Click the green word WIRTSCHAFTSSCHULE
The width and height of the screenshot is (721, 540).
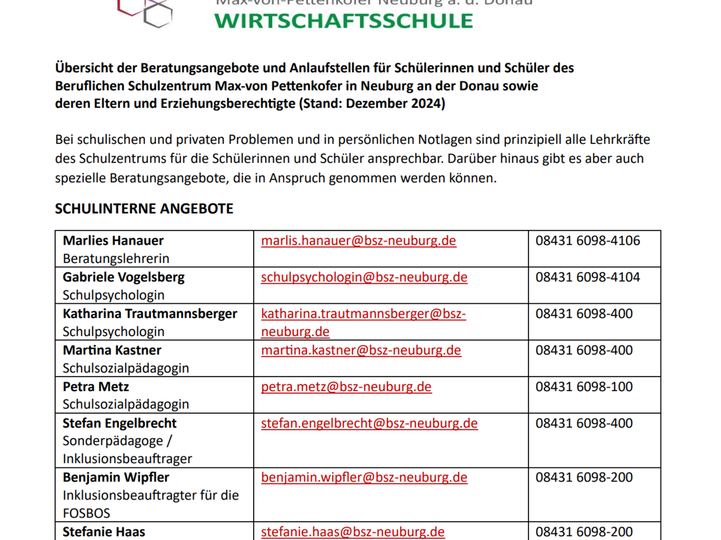343,21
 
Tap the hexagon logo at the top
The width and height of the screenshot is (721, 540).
147,12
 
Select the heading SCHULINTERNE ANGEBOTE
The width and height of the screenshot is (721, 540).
144,209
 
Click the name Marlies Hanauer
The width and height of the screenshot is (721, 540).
113,240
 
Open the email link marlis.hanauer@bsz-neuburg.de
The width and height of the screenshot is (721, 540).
358,240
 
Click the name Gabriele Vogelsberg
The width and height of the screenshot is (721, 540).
123,277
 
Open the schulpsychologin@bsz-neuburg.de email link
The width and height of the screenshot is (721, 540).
364,277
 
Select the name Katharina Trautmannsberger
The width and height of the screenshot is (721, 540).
150,314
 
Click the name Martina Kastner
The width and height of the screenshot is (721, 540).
112,350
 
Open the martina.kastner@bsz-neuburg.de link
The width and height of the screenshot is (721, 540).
361,350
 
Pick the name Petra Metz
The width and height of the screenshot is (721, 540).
96,386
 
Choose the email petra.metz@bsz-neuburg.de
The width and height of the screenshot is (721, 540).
346,387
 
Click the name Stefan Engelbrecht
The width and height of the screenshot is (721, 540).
120,423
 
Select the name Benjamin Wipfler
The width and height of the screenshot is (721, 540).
116,477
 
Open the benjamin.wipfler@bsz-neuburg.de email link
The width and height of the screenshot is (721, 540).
364,477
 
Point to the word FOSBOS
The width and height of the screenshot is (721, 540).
86,513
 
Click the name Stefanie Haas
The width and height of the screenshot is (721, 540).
104,531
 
